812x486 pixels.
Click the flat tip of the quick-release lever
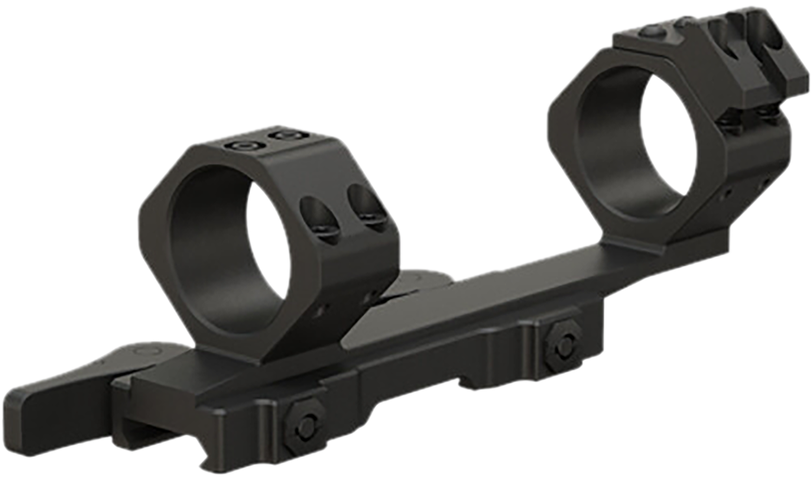30,423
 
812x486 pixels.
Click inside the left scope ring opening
226,249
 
